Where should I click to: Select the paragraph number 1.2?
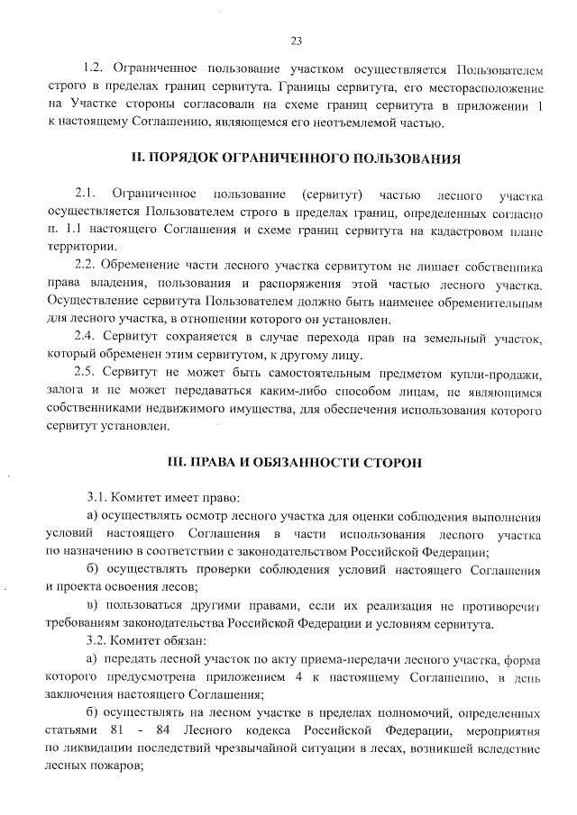(93, 68)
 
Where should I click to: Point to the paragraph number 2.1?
(86, 195)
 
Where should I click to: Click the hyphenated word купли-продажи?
(498, 373)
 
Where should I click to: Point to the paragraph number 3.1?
(98, 497)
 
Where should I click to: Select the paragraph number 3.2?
(98, 640)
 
